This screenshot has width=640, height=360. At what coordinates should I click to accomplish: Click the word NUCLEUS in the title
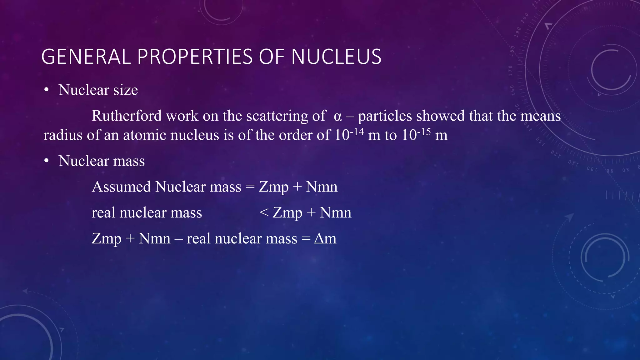point(336,57)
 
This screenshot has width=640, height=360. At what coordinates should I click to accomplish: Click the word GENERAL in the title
point(86,57)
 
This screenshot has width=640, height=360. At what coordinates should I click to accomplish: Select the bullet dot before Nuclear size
point(47,90)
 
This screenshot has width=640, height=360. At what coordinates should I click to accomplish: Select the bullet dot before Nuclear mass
point(47,161)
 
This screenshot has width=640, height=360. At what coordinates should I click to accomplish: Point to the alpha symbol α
point(338,117)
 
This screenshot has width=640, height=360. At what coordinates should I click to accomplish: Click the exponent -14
point(357,131)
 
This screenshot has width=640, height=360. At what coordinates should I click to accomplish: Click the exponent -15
point(424,131)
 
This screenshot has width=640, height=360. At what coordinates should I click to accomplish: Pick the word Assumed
point(121,187)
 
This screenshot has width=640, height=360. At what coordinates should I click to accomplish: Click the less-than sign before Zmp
point(264,212)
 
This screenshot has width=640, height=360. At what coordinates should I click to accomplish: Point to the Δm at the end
point(325,239)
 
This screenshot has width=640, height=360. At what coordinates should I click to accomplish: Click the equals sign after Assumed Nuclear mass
point(250,187)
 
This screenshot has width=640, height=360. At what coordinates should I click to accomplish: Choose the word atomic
point(144,135)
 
